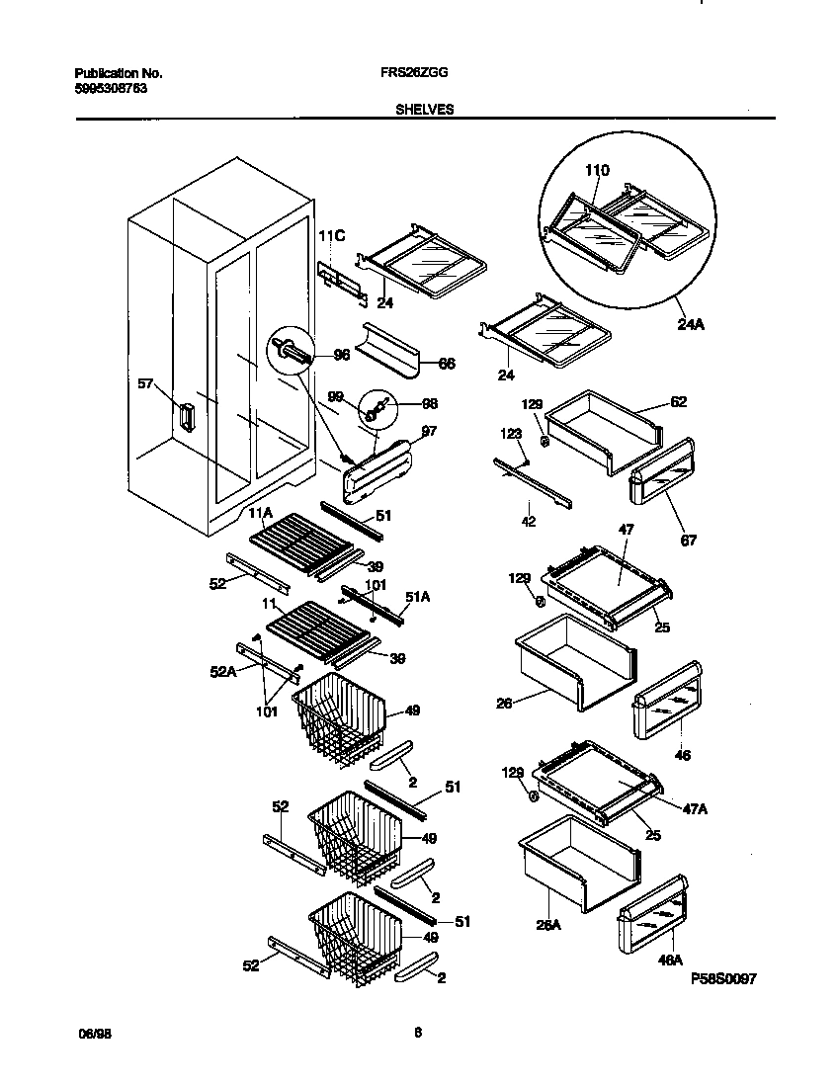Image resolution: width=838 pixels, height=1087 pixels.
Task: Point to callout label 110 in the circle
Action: tap(596, 171)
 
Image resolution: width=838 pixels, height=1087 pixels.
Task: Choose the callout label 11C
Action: tap(332, 237)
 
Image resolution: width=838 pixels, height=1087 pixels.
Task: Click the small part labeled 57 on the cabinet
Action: tap(184, 416)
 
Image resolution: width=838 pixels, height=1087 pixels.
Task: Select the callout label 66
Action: tap(446, 364)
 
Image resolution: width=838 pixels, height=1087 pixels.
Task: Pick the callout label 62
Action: tap(677, 402)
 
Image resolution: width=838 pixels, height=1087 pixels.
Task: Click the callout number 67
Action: tap(688, 540)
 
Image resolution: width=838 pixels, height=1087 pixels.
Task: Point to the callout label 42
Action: tap(529, 521)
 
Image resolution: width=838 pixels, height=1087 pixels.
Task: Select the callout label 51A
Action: tap(417, 596)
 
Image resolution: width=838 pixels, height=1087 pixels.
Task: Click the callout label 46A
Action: tap(670, 960)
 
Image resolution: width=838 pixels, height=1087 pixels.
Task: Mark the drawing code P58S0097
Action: tap(723, 978)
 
